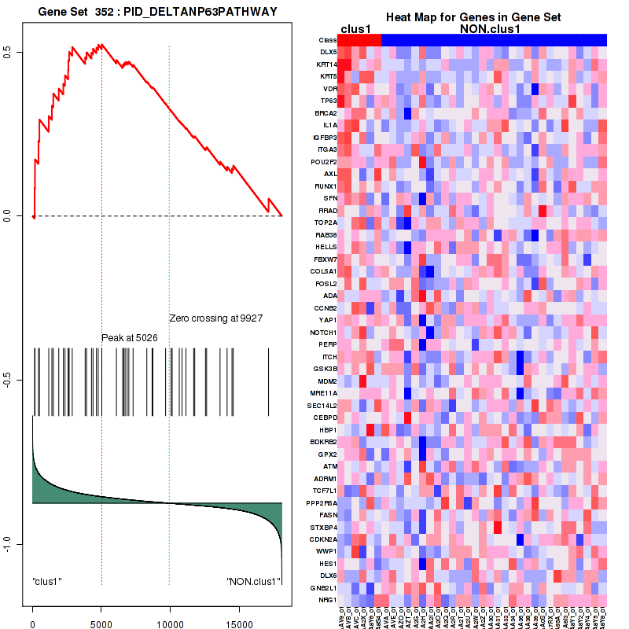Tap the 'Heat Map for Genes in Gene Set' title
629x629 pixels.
point(472,17)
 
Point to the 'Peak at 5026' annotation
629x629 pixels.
point(132,338)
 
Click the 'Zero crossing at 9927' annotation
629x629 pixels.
point(215,318)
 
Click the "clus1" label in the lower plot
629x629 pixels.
point(47,582)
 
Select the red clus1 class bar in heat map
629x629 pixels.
point(359,39)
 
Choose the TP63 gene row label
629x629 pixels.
point(329,101)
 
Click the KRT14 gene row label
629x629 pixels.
point(326,64)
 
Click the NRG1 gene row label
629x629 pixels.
point(328,600)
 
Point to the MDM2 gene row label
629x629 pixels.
point(327,381)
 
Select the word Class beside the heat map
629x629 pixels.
point(328,40)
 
